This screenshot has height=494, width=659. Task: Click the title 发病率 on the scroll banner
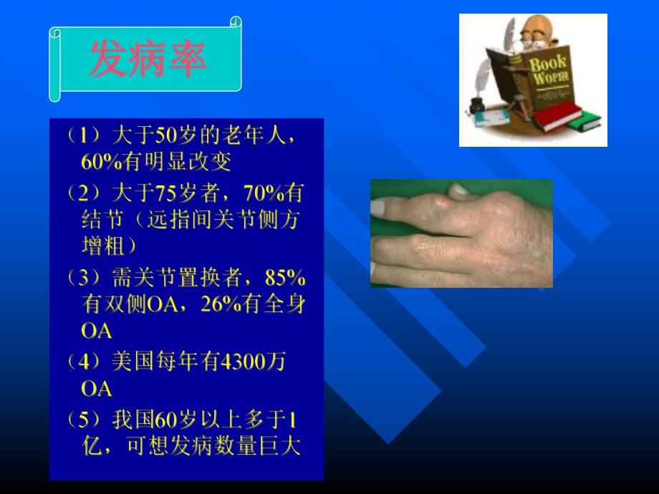pyautogui.click(x=148, y=59)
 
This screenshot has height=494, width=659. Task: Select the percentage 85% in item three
pyautogui.click(x=285, y=277)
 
